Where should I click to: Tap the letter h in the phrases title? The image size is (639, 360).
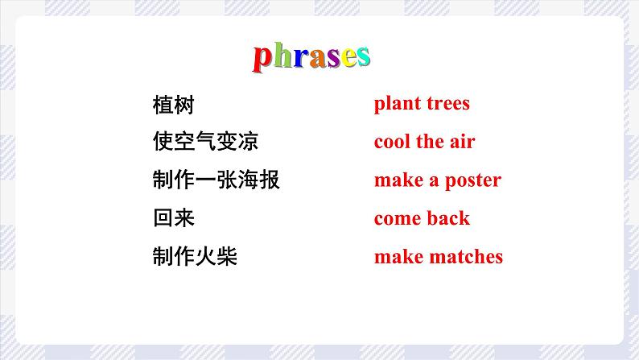pos(281,56)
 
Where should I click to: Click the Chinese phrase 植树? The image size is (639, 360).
pos(173,105)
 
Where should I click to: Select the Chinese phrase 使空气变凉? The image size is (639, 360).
pos(204,143)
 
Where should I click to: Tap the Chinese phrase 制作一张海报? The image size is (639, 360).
pos(216,180)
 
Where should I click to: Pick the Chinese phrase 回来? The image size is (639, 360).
pos(173,218)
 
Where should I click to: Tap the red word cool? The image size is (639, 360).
pos(393,142)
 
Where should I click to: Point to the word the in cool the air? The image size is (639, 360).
pos(431,142)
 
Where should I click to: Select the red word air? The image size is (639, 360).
pos(463,142)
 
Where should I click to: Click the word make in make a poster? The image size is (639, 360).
pos(397,180)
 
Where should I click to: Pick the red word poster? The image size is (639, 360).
pos(472,180)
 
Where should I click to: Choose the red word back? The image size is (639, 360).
pos(449,218)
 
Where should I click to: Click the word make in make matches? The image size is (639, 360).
pos(397,257)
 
